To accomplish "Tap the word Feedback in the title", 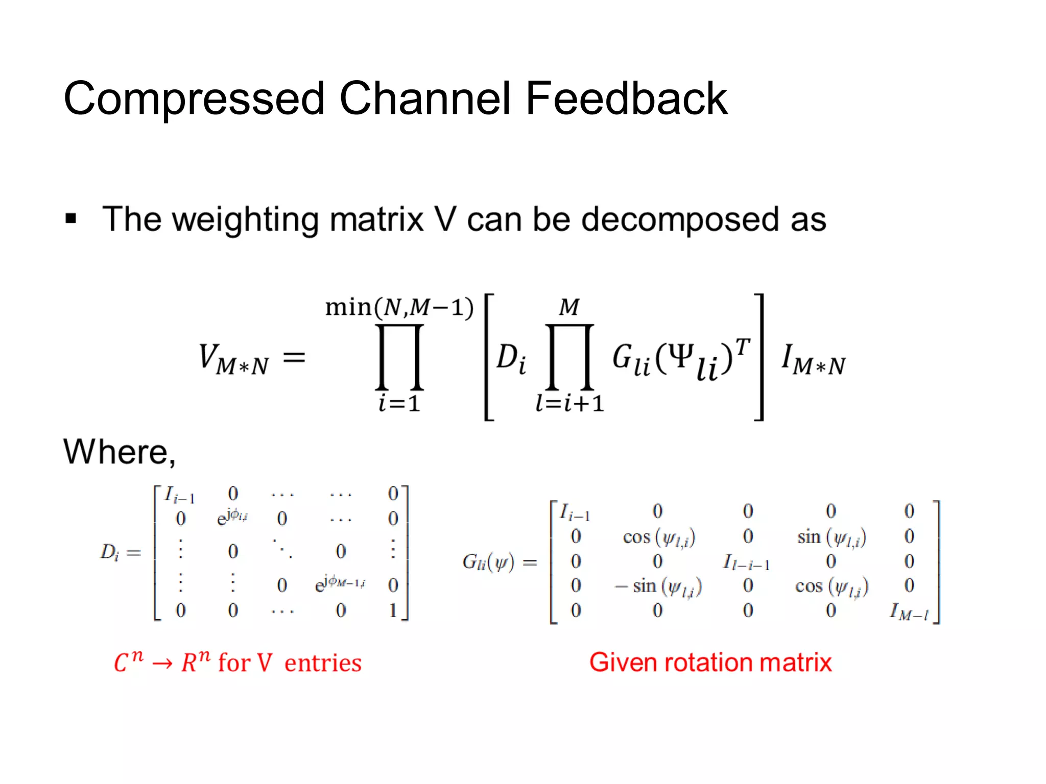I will (x=626, y=98).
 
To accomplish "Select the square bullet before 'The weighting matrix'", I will (x=71, y=219).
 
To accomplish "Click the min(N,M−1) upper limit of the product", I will (x=399, y=307).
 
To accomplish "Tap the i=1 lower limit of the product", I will (x=399, y=404).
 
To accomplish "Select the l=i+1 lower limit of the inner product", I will (x=569, y=404).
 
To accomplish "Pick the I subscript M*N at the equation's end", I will (x=813, y=359).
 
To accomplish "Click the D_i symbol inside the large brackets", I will (x=511, y=358).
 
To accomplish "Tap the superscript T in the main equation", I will (x=743, y=347).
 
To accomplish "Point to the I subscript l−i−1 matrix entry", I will (x=746, y=562).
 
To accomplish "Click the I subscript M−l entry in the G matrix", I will (x=909, y=611).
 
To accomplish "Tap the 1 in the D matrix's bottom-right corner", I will (x=393, y=610).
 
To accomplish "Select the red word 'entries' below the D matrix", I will (x=323, y=664).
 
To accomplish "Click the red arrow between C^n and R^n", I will (x=162, y=664).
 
